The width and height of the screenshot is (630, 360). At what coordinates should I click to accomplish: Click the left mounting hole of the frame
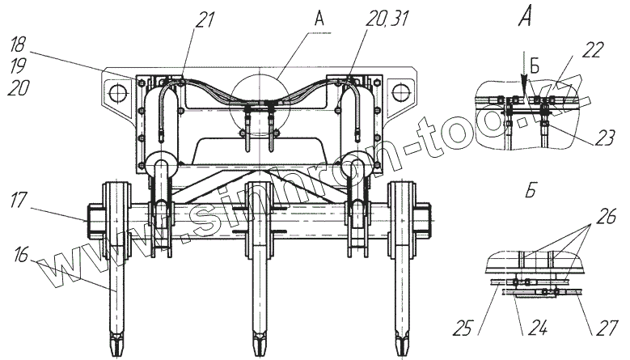coord(116,90)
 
